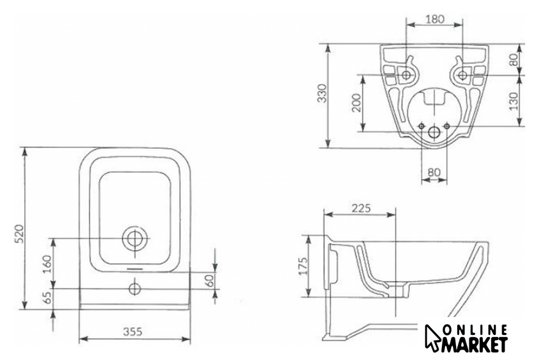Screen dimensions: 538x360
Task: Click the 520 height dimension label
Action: (x=20, y=234)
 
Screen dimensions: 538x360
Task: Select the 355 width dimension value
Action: (x=133, y=332)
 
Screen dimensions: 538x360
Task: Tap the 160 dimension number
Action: (x=47, y=263)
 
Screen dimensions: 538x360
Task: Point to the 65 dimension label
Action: (x=47, y=296)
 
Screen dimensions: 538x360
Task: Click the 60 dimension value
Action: (x=209, y=281)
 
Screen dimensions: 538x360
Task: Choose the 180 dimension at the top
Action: (x=435, y=19)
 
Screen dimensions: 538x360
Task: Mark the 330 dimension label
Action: (x=322, y=93)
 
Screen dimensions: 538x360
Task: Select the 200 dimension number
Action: (x=357, y=102)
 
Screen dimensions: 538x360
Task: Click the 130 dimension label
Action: (x=513, y=101)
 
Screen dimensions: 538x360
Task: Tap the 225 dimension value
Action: (x=361, y=208)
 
